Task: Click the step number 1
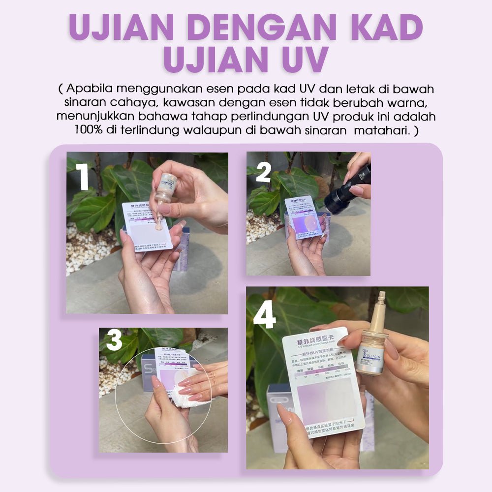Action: click(x=82, y=179)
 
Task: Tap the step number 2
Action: click(x=264, y=173)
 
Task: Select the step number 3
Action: click(x=114, y=341)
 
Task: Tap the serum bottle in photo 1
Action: click(x=166, y=189)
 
